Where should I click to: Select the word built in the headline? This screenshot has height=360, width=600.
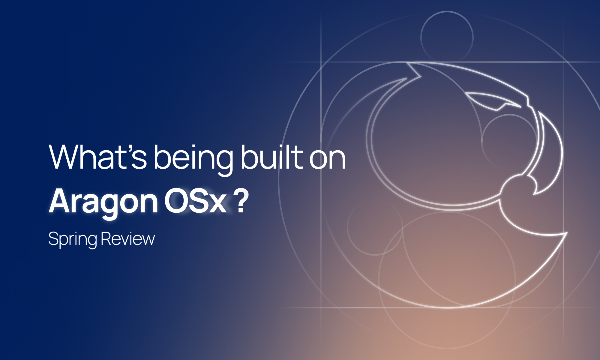coord(271,157)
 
